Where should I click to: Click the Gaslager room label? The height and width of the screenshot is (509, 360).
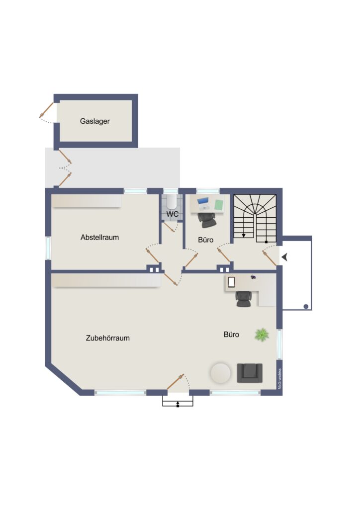(95, 121)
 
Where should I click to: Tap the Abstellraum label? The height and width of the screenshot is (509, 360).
(99, 237)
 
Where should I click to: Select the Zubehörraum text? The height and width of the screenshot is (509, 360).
(108, 338)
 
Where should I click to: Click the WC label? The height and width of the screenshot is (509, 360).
(173, 214)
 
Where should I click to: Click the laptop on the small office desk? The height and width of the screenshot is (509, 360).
(203, 203)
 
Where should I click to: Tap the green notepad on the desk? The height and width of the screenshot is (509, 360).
(219, 204)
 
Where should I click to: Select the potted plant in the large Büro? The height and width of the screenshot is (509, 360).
(262, 335)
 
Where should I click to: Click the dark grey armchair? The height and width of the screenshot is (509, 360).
(250, 373)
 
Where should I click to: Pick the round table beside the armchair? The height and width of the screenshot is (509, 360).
(220, 373)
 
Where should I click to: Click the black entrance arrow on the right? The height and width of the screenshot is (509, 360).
(285, 257)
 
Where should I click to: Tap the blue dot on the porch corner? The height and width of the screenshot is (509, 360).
(306, 306)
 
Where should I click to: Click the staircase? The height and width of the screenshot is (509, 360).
(255, 218)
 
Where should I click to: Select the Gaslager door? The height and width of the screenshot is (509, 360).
(46, 110)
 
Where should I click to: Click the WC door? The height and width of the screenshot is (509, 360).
(169, 227)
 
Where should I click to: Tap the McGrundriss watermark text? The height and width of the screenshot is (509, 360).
(279, 379)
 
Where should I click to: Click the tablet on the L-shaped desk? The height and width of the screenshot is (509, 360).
(231, 282)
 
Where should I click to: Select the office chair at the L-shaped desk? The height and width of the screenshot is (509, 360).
(244, 299)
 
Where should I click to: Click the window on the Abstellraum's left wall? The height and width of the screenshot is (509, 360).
(48, 249)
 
